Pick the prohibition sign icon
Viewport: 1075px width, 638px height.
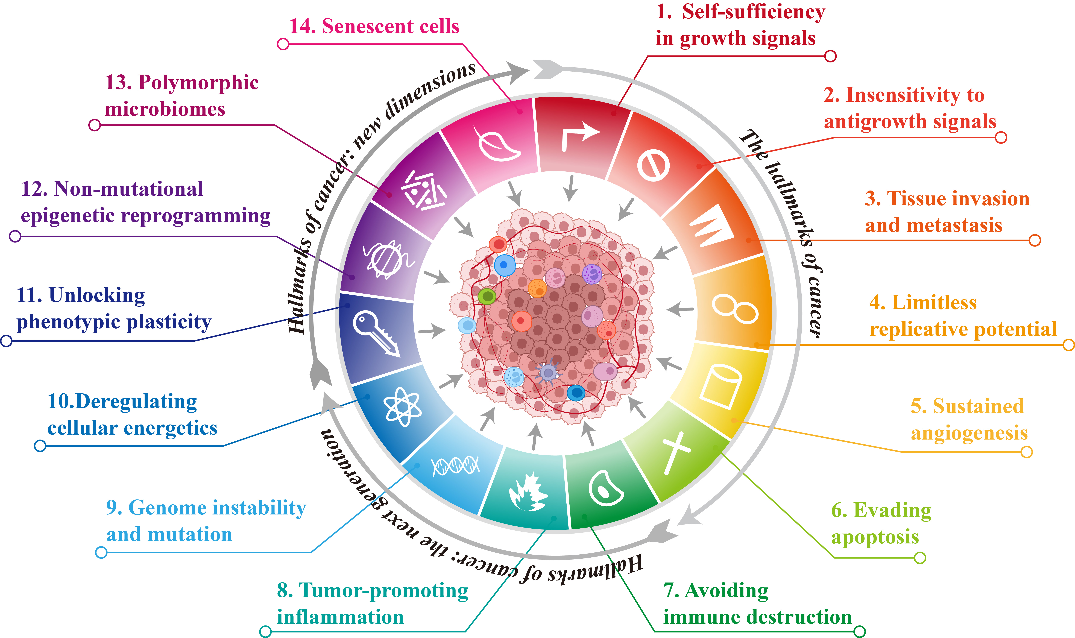653,166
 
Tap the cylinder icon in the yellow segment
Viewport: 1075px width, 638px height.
720,386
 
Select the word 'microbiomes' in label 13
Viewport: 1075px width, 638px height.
165,109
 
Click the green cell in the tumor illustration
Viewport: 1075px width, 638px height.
487,296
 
